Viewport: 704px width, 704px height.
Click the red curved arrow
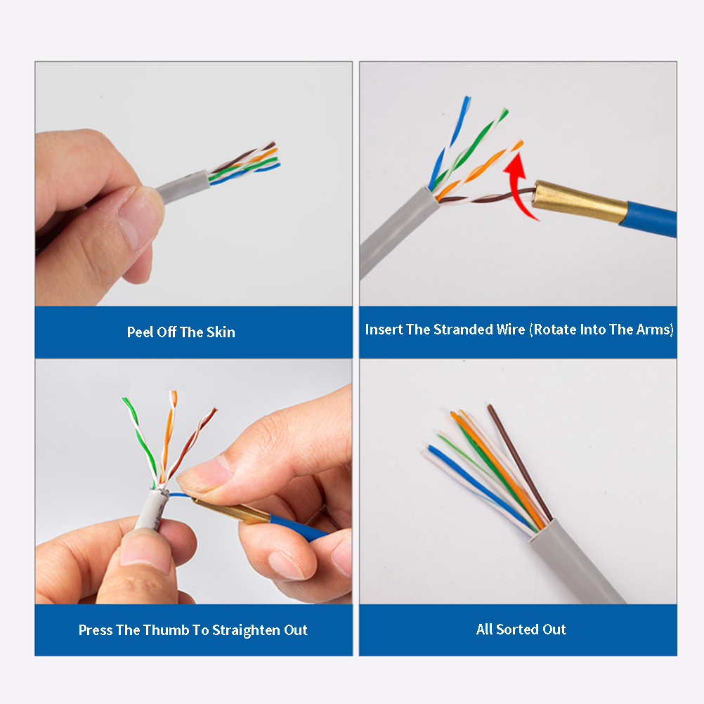tap(514, 188)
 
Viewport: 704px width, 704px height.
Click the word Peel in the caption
tap(140, 332)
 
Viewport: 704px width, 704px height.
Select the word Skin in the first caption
tap(221, 332)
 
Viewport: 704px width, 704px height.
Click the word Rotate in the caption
tap(555, 329)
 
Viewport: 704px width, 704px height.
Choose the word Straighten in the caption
tap(247, 630)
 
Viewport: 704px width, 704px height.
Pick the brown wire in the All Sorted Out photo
tap(519, 463)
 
